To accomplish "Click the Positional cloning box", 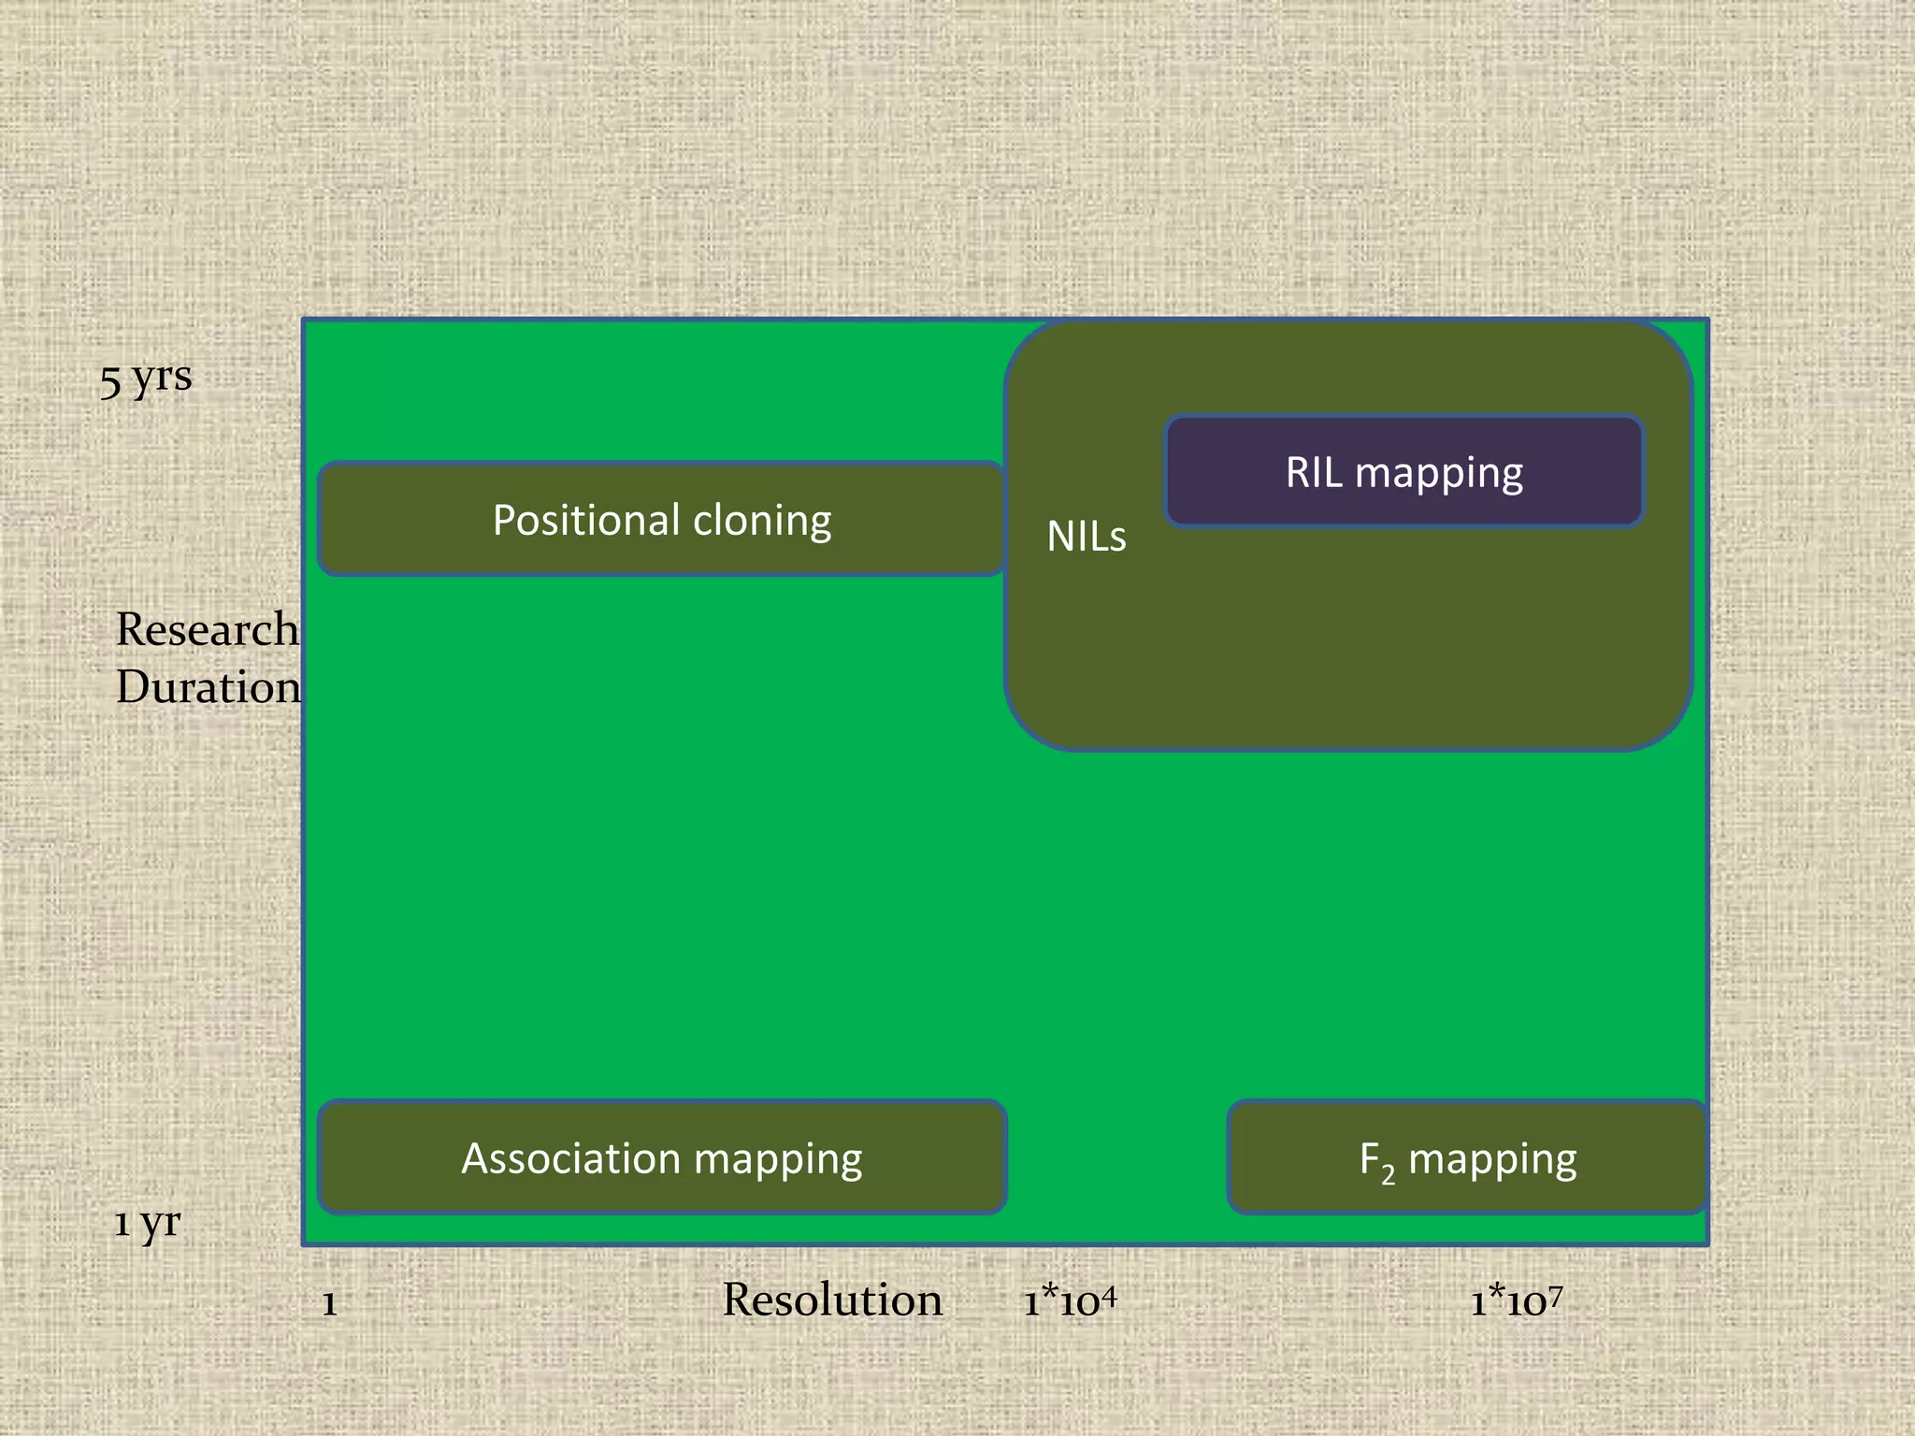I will [661, 519].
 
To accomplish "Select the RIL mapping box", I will [1404, 472].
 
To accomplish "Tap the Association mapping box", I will [661, 1157].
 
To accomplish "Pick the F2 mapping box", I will [1466, 1157].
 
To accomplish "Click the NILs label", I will [1086, 537].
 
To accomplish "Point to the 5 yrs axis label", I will [147, 379].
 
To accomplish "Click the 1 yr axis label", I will [147, 1223].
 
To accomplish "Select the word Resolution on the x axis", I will [832, 1300].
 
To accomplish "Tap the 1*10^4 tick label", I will [1070, 1300].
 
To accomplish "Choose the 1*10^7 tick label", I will [1516, 1300].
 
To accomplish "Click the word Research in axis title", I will [207, 629].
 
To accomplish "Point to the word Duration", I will [209, 687].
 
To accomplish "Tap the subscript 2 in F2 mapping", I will [1389, 1175].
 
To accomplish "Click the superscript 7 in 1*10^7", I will [1555, 1294].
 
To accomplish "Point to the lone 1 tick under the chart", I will [329, 1303].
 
